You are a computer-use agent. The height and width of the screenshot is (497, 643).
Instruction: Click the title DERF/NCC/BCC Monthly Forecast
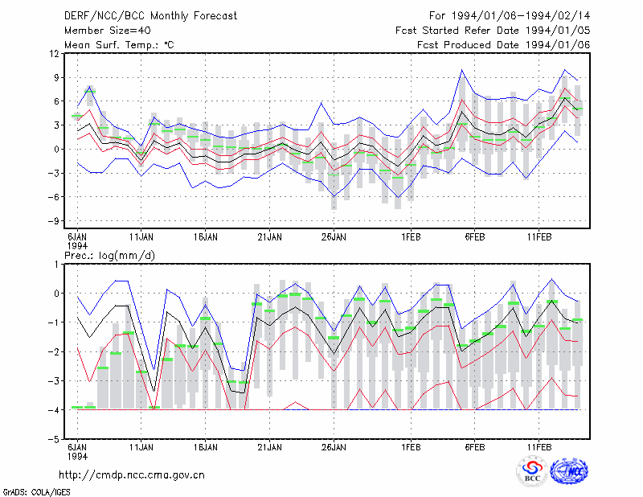pos(150,16)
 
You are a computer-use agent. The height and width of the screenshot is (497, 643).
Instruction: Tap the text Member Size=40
pos(108,31)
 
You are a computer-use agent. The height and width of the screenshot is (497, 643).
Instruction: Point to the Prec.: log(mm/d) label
pos(109,256)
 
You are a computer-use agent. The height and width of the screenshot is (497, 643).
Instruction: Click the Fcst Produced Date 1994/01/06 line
pos(503,45)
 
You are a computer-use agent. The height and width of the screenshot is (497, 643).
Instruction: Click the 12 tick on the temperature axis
pos(55,54)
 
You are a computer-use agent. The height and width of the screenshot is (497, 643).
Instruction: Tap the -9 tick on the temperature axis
pos(54,221)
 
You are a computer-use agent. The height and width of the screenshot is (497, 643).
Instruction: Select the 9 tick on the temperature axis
pos(56,77)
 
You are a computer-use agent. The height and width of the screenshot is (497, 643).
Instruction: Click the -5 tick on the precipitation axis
pos(54,439)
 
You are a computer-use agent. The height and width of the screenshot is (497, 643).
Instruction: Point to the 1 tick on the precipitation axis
pos(57,265)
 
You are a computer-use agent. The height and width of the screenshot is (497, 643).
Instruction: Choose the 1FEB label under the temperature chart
pos(411,237)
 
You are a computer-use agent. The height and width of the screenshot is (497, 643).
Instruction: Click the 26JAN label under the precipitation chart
pos(334,447)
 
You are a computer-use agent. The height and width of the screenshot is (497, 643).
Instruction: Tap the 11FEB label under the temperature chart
pos(539,237)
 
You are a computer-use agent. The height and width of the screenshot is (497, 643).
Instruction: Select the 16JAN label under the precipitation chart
pos(206,447)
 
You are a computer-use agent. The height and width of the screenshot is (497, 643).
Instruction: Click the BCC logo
pos(532,471)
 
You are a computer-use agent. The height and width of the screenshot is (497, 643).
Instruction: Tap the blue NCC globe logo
pos(569,471)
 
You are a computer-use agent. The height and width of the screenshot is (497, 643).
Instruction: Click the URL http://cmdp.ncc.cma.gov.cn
pos(132,475)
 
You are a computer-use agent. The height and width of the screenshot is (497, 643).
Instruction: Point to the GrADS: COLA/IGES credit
pos(36,492)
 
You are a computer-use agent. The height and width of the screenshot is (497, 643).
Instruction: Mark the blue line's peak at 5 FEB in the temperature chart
pos(461,70)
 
